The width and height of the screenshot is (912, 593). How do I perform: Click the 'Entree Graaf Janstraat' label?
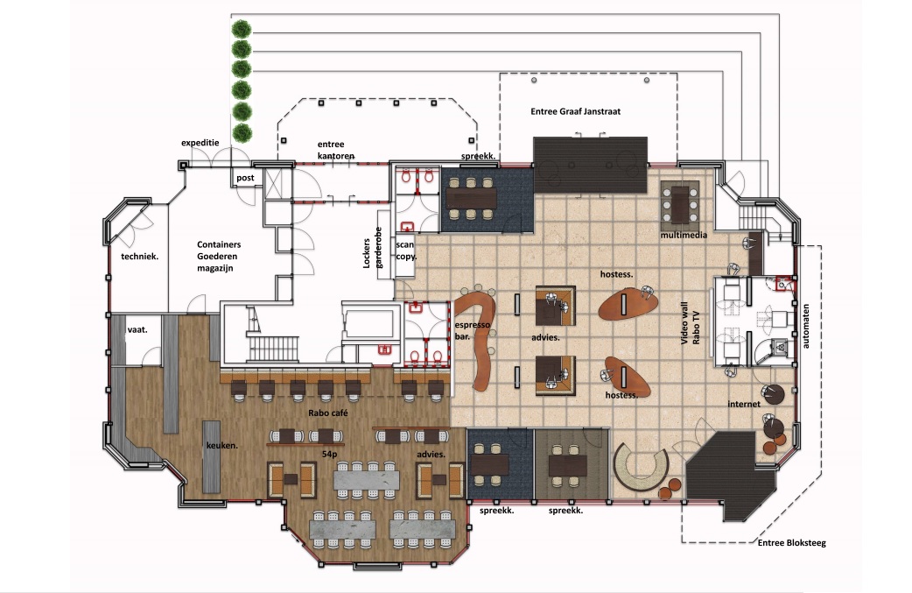pyautogui.click(x=575, y=111)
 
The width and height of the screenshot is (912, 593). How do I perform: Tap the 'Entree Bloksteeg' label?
pyautogui.click(x=791, y=543)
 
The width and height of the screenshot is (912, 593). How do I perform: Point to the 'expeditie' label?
pyautogui.click(x=200, y=143)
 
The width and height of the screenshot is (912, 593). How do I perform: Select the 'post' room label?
pyautogui.click(x=245, y=178)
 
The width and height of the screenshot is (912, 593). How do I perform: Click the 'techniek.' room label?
pyautogui.click(x=139, y=256)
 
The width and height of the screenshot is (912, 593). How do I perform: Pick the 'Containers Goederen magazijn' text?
pyautogui.click(x=218, y=256)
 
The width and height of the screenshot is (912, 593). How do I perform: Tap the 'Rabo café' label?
pyautogui.click(x=328, y=413)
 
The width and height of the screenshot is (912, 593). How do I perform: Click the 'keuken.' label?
pyautogui.click(x=222, y=445)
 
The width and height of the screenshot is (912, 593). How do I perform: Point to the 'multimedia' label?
pyautogui.click(x=684, y=235)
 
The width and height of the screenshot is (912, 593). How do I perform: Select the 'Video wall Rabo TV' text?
pyautogui.click(x=690, y=323)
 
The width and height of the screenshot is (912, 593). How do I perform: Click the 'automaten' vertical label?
pyautogui.click(x=805, y=326)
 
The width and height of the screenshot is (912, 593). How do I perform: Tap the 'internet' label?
pyautogui.click(x=744, y=404)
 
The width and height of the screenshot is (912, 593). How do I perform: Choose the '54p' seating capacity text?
pyautogui.click(x=330, y=454)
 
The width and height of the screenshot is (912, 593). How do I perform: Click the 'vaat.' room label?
pyautogui.click(x=137, y=329)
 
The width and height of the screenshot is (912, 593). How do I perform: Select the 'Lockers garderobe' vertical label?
pyautogui.click(x=372, y=248)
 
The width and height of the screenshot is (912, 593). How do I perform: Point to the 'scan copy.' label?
pyautogui.click(x=406, y=251)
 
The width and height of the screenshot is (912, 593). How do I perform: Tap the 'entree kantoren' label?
pyautogui.click(x=335, y=150)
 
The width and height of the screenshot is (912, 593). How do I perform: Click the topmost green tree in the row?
pyautogui.click(x=242, y=28)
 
